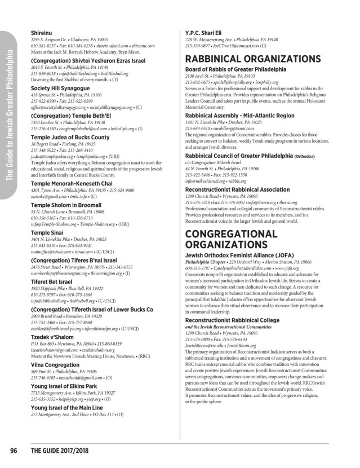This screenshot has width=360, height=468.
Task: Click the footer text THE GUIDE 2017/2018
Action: (x=60, y=451)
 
